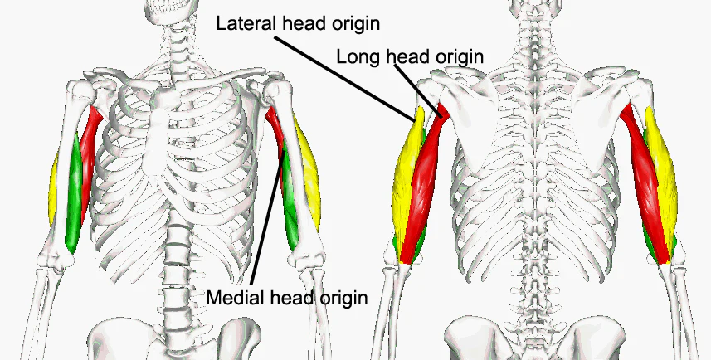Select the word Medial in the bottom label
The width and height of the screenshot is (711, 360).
[231, 297]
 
